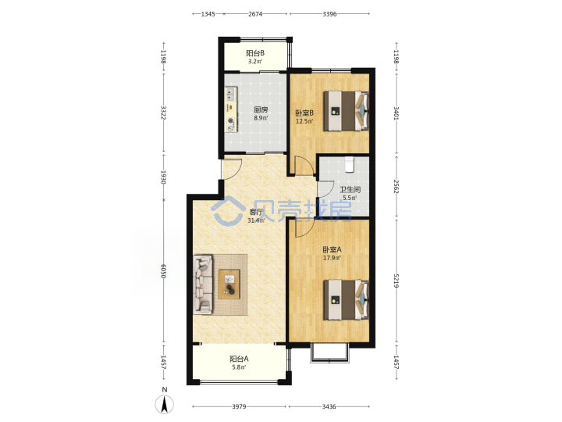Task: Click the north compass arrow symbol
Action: (165, 404)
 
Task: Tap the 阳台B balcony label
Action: (255, 53)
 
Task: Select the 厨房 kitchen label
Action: (261, 109)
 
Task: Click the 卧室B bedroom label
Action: (304, 113)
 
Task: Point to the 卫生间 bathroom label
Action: (350, 189)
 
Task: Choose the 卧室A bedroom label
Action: (332, 249)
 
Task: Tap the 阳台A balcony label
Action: (239, 359)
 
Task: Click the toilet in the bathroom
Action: (349, 164)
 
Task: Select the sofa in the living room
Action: (203, 284)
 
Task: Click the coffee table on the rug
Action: (229, 284)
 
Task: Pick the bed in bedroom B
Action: (346, 111)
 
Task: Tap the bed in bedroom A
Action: (346, 299)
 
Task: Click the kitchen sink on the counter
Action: (229, 95)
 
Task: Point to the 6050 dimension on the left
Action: (163, 271)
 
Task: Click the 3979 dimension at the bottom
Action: (239, 406)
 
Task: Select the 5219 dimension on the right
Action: (396, 281)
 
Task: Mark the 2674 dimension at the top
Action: (255, 14)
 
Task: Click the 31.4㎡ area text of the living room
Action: (256, 220)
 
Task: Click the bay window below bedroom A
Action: (329, 352)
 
